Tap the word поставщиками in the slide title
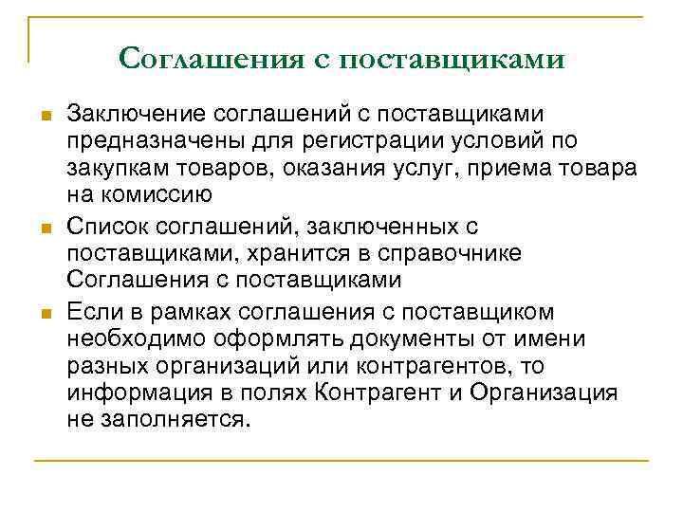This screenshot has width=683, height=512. point(452,59)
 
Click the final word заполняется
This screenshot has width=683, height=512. point(175,419)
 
